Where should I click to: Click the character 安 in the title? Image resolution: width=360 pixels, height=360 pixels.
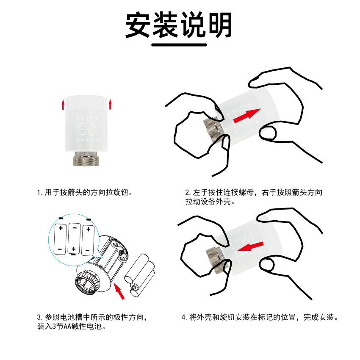pyautogui.click(x=138, y=25)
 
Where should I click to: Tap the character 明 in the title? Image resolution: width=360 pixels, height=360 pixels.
pyautogui.click(x=220, y=25)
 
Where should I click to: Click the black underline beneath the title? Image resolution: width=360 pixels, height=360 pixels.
pyautogui.click(x=179, y=45)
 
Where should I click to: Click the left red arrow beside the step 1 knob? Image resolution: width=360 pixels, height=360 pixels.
pyautogui.click(x=63, y=105)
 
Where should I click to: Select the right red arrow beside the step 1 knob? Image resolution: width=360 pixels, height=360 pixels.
pyautogui.click(x=110, y=104)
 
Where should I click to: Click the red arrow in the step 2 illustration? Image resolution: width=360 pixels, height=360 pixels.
pyautogui.click(x=247, y=116)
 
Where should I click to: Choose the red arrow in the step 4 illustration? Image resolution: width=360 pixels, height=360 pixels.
pyautogui.click(x=250, y=246)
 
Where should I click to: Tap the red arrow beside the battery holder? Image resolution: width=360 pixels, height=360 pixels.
pyautogui.click(x=119, y=291)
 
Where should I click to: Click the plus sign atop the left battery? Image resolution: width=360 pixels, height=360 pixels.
pyautogui.click(x=61, y=228)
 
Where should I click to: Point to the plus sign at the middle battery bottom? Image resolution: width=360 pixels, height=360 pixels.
pyautogui.click(x=74, y=249)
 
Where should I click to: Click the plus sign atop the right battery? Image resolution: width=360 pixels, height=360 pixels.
pyautogui.click(x=89, y=229)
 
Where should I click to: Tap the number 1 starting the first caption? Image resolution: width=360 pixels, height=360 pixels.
pyautogui.click(x=39, y=192)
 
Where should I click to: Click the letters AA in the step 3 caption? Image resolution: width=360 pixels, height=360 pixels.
pyautogui.click(x=67, y=326)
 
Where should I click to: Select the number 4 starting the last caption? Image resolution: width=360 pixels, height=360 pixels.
pyautogui.click(x=183, y=317)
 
